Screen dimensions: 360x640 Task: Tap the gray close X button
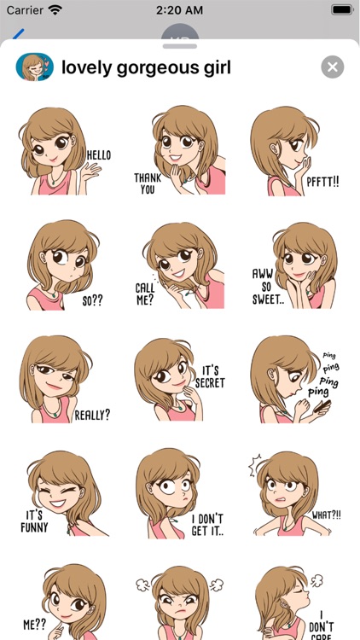coord(332,67)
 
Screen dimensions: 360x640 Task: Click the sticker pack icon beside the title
coord(35,67)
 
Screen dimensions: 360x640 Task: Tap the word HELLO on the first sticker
coord(99,155)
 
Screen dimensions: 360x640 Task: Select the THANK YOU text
coord(148,183)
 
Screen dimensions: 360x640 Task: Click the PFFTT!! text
coord(322,182)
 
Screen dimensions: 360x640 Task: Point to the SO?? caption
coord(93,301)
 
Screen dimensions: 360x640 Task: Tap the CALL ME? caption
coord(145,294)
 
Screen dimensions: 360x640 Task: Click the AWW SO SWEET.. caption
coord(265,287)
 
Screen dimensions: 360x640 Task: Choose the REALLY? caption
coord(92,415)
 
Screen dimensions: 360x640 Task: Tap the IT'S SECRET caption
coord(210,376)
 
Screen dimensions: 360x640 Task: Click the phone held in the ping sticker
coord(322,406)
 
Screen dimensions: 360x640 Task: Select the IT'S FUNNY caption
coord(34,521)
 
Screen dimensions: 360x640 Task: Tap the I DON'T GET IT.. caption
coord(208,525)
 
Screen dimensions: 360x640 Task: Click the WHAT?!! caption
coord(327,515)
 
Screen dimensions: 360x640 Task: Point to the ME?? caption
coord(34,625)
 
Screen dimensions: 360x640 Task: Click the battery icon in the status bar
coord(342,9)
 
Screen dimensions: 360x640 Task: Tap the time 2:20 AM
coord(180,10)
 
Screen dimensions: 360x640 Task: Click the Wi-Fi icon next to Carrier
coord(55,9)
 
